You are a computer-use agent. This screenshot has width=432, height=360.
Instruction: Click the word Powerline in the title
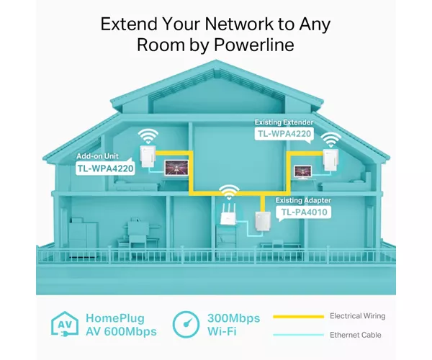click(254, 45)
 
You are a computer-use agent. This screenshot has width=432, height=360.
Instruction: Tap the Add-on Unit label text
click(97, 156)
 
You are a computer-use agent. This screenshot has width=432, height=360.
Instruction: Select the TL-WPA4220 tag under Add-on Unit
click(106, 168)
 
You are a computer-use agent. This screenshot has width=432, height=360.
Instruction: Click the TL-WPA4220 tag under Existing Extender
click(284, 134)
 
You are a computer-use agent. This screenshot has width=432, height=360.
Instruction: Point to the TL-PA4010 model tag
click(304, 212)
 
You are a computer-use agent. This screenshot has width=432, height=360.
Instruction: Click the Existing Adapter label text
click(303, 200)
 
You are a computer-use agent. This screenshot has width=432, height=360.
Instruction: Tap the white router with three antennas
click(228, 215)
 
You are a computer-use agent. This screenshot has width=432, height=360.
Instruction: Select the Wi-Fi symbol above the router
click(229, 192)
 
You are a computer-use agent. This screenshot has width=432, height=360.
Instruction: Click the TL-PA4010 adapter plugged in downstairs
click(261, 222)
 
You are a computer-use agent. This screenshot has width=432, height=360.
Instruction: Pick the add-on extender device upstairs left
click(146, 156)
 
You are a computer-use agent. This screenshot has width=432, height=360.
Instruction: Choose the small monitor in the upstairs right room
click(303, 172)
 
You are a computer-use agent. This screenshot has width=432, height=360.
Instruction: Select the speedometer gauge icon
click(186, 324)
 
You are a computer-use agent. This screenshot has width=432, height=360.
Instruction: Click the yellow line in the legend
click(298, 317)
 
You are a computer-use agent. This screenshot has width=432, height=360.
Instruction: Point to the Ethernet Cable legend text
click(356, 335)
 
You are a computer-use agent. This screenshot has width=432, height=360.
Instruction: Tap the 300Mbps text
click(233, 318)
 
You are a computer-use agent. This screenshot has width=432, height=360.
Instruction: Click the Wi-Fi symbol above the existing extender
click(330, 140)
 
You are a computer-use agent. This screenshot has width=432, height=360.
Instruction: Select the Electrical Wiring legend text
click(358, 316)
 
